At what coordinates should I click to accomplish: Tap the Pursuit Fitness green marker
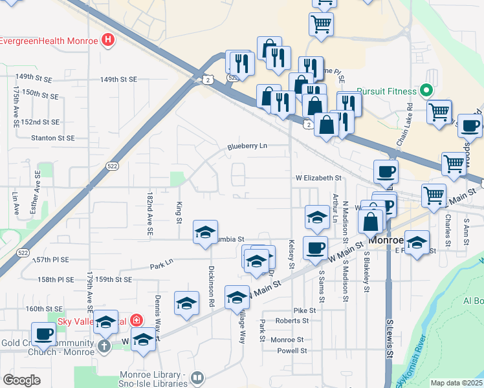[426, 90]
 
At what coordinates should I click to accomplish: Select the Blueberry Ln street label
[247, 147]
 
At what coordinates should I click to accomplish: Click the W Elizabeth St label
[318, 177]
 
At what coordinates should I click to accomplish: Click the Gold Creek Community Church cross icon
[104, 345]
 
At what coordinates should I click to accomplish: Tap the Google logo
[21, 380]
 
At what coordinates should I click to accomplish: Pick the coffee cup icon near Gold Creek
[43, 334]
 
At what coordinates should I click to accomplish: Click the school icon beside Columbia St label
[205, 232]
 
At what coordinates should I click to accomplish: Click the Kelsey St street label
[292, 255]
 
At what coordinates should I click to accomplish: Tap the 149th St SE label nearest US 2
[118, 80]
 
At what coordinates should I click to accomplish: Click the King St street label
[179, 211]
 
